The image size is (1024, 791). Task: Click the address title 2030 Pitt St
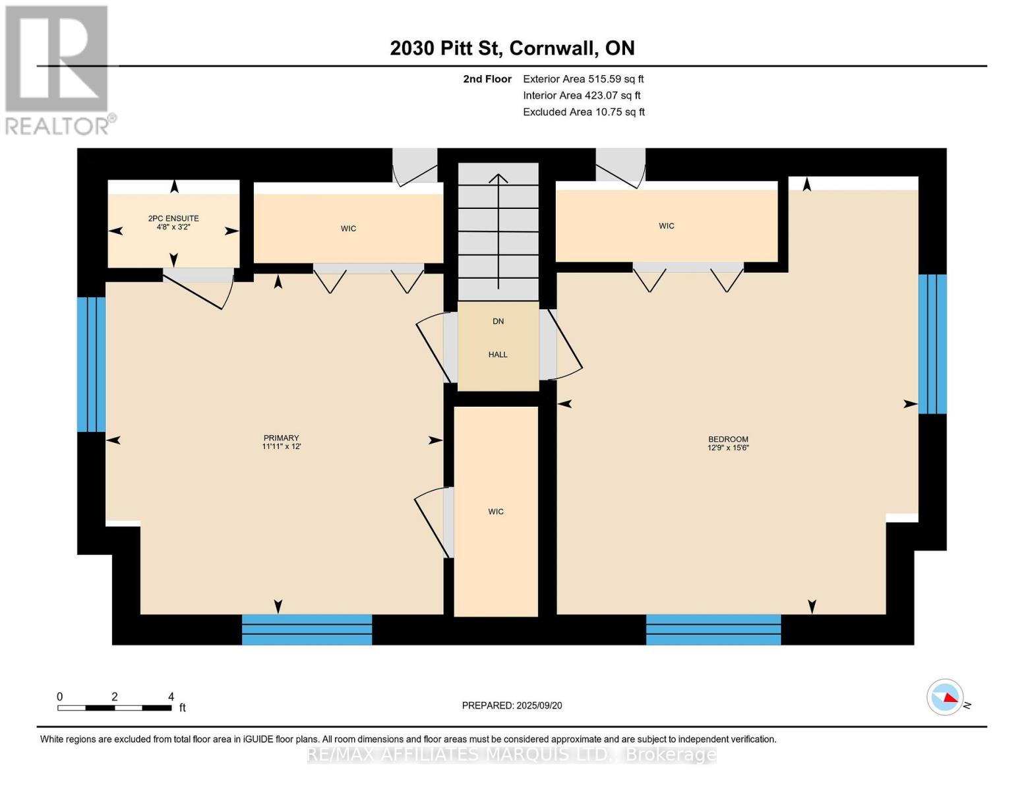512,48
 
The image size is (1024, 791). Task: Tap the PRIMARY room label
282,442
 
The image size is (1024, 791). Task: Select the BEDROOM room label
728,443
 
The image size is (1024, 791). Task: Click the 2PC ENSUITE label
173,222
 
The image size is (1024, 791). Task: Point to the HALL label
498,355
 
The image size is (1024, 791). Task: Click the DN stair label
498,321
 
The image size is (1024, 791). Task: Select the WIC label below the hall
496,512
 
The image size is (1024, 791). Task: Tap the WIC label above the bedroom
666,226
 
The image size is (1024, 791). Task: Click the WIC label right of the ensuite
348,229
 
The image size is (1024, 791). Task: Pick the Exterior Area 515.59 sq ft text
583,78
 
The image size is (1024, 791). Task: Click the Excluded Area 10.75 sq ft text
584,112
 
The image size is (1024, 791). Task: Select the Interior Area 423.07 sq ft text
582,96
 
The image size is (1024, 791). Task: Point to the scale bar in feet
115,707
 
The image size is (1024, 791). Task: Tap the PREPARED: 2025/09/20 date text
512,705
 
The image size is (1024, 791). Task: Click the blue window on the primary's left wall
91,365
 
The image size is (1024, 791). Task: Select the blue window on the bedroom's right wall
932,344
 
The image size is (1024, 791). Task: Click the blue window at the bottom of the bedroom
713,630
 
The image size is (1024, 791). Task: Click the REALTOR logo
58,69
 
